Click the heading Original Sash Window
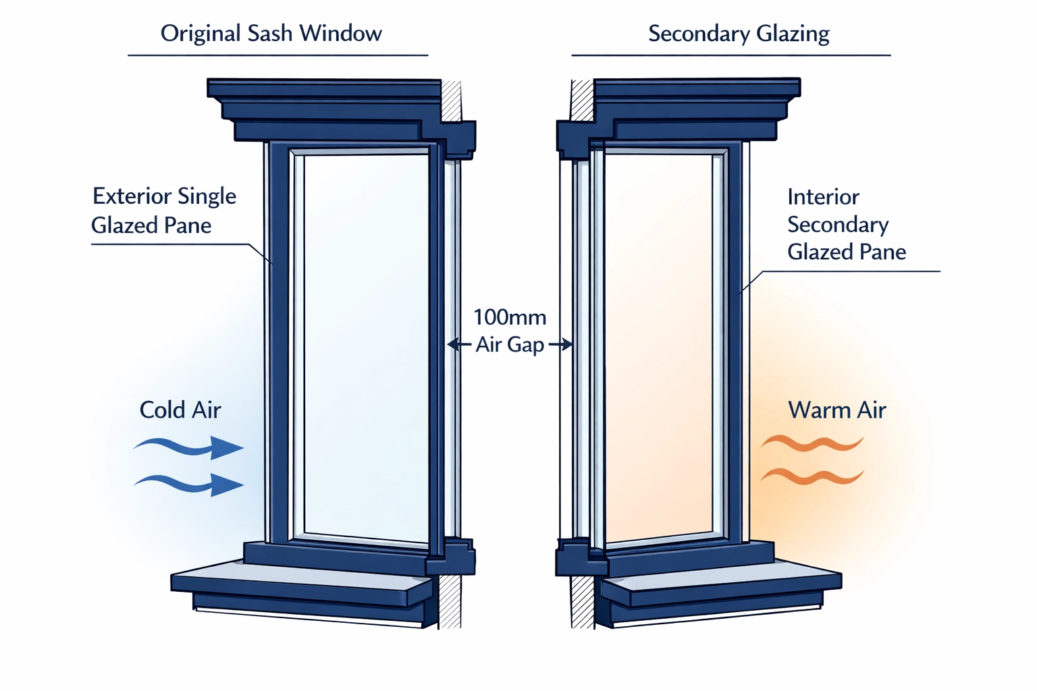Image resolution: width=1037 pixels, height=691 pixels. (x=271, y=33)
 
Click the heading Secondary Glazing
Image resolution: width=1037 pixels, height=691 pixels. (x=739, y=33)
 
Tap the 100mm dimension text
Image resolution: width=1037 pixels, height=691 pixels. (x=510, y=317)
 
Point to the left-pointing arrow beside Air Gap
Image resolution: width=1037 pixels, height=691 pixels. (x=459, y=345)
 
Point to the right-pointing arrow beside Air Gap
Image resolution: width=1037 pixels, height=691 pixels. (x=561, y=345)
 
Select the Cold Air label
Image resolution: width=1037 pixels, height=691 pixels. (x=180, y=410)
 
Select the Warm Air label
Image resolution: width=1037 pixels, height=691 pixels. (x=837, y=410)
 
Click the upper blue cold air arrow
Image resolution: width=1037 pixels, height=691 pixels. (x=189, y=447)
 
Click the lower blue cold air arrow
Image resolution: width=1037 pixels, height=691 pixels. (x=189, y=483)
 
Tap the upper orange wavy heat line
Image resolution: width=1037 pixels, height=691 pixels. (x=812, y=443)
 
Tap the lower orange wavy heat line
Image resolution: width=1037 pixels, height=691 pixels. (x=812, y=476)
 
